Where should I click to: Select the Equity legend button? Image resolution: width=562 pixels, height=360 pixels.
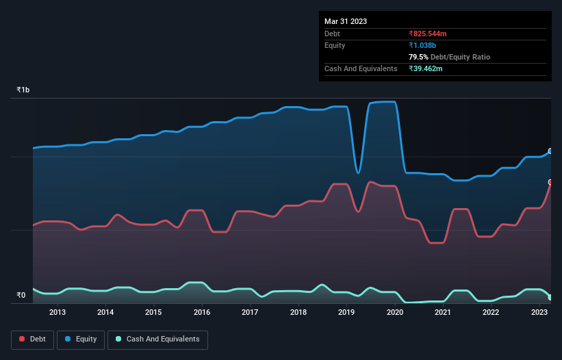click(81, 339)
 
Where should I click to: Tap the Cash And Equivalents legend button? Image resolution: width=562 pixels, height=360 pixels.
click(157, 339)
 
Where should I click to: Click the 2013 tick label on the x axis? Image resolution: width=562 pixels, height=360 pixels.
click(58, 313)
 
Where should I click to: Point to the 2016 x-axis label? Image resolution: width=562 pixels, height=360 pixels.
click(202, 313)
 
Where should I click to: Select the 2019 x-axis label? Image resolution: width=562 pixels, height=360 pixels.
click(346, 313)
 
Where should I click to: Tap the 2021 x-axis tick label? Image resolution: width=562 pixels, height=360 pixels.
click(443, 313)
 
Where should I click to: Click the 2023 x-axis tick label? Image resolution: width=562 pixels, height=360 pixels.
click(539, 313)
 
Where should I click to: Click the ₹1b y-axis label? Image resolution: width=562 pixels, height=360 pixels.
click(23, 90)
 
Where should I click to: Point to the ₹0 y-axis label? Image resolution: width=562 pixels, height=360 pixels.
click(21, 296)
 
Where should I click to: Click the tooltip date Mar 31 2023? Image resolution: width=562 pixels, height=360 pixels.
click(346, 21)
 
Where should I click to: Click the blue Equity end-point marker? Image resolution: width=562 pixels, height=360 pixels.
click(550, 151)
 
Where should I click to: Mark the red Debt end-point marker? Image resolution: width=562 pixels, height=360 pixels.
click(550, 182)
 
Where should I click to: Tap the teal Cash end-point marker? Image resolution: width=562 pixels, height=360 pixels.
click(550, 297)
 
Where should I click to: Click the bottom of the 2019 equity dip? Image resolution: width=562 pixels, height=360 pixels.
click(358, 172)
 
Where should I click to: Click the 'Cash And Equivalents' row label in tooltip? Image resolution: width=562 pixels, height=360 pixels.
click(361, 68)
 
